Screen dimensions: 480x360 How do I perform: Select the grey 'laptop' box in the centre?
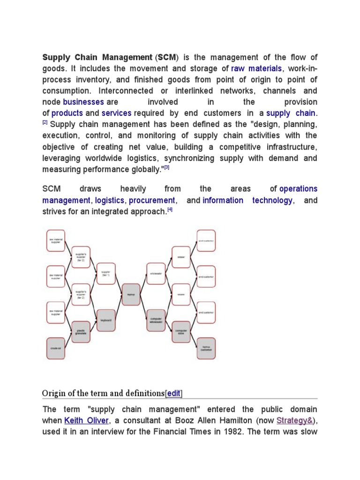point(131,294)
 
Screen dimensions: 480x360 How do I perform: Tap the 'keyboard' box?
point(105,321)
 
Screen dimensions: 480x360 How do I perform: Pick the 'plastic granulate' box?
point(81,330)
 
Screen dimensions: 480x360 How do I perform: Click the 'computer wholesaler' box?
point(156,321)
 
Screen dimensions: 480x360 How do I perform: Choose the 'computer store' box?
point(181,331)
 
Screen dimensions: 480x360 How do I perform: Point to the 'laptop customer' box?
point(206,348)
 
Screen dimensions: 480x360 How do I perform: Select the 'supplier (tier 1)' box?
point(105,273)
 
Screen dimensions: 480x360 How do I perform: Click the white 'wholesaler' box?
point(156,273)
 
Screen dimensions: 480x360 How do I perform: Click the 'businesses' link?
point(83,102)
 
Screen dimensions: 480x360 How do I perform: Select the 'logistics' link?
point(110,200)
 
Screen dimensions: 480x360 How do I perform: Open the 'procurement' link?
point(152,200)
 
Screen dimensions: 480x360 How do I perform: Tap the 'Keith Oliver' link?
point(86,420)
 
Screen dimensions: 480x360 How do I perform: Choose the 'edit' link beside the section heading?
point(174,393)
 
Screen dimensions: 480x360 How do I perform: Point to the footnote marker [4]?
point(170,210)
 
